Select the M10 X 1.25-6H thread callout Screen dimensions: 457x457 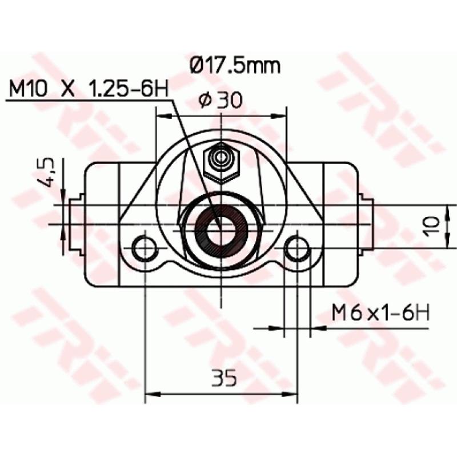(x=88, y=89)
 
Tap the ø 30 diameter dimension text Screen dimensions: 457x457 (x=221, y=100)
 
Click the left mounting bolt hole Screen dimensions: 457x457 (x=145, y=248)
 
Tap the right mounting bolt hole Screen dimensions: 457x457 (x=297, y=248)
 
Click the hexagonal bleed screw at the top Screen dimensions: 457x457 (x=221, y=162)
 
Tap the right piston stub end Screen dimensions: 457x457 (x=367, y=224)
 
